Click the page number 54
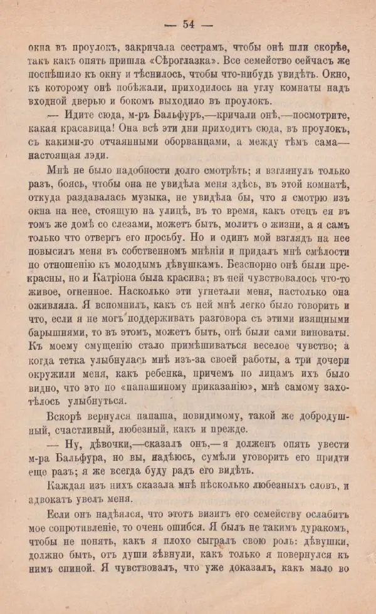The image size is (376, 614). [188, 24]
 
